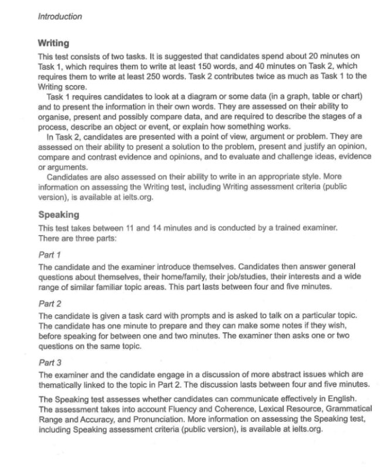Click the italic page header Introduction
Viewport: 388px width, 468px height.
coord(59,16)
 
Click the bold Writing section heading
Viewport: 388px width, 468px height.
coord(53,43)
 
